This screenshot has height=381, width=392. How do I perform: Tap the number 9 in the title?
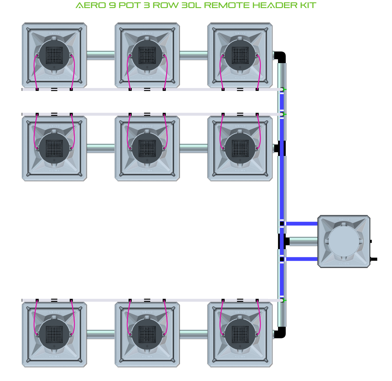[x=112, y=5]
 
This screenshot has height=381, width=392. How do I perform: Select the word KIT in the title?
[x=308, y=5]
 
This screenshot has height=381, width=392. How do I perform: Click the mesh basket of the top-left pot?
[x=54, y=55]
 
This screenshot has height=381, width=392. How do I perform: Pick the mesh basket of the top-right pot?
[x=240, y=55]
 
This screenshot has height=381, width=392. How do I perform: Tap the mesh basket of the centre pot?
[x=147, y=148]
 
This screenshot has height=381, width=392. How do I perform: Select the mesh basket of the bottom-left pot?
[x=54, y=334]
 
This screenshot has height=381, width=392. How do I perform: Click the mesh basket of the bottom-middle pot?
[x=147, y=334]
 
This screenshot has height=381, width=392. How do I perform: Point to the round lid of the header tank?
[x=344, y=241]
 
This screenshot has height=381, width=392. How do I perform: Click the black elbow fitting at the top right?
[x=280, y=57]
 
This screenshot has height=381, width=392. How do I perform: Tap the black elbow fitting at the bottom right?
[x=280, y=332]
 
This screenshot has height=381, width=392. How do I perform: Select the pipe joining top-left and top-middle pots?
[x=101, y=55]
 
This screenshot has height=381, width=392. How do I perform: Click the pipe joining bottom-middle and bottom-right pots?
[x=194, y=334]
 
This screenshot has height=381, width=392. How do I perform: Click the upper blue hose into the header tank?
[x=302, y=223]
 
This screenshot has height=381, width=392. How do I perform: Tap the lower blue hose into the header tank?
[x=302, y=259]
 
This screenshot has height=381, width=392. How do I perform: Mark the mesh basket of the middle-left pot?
[x=54, y=148]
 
